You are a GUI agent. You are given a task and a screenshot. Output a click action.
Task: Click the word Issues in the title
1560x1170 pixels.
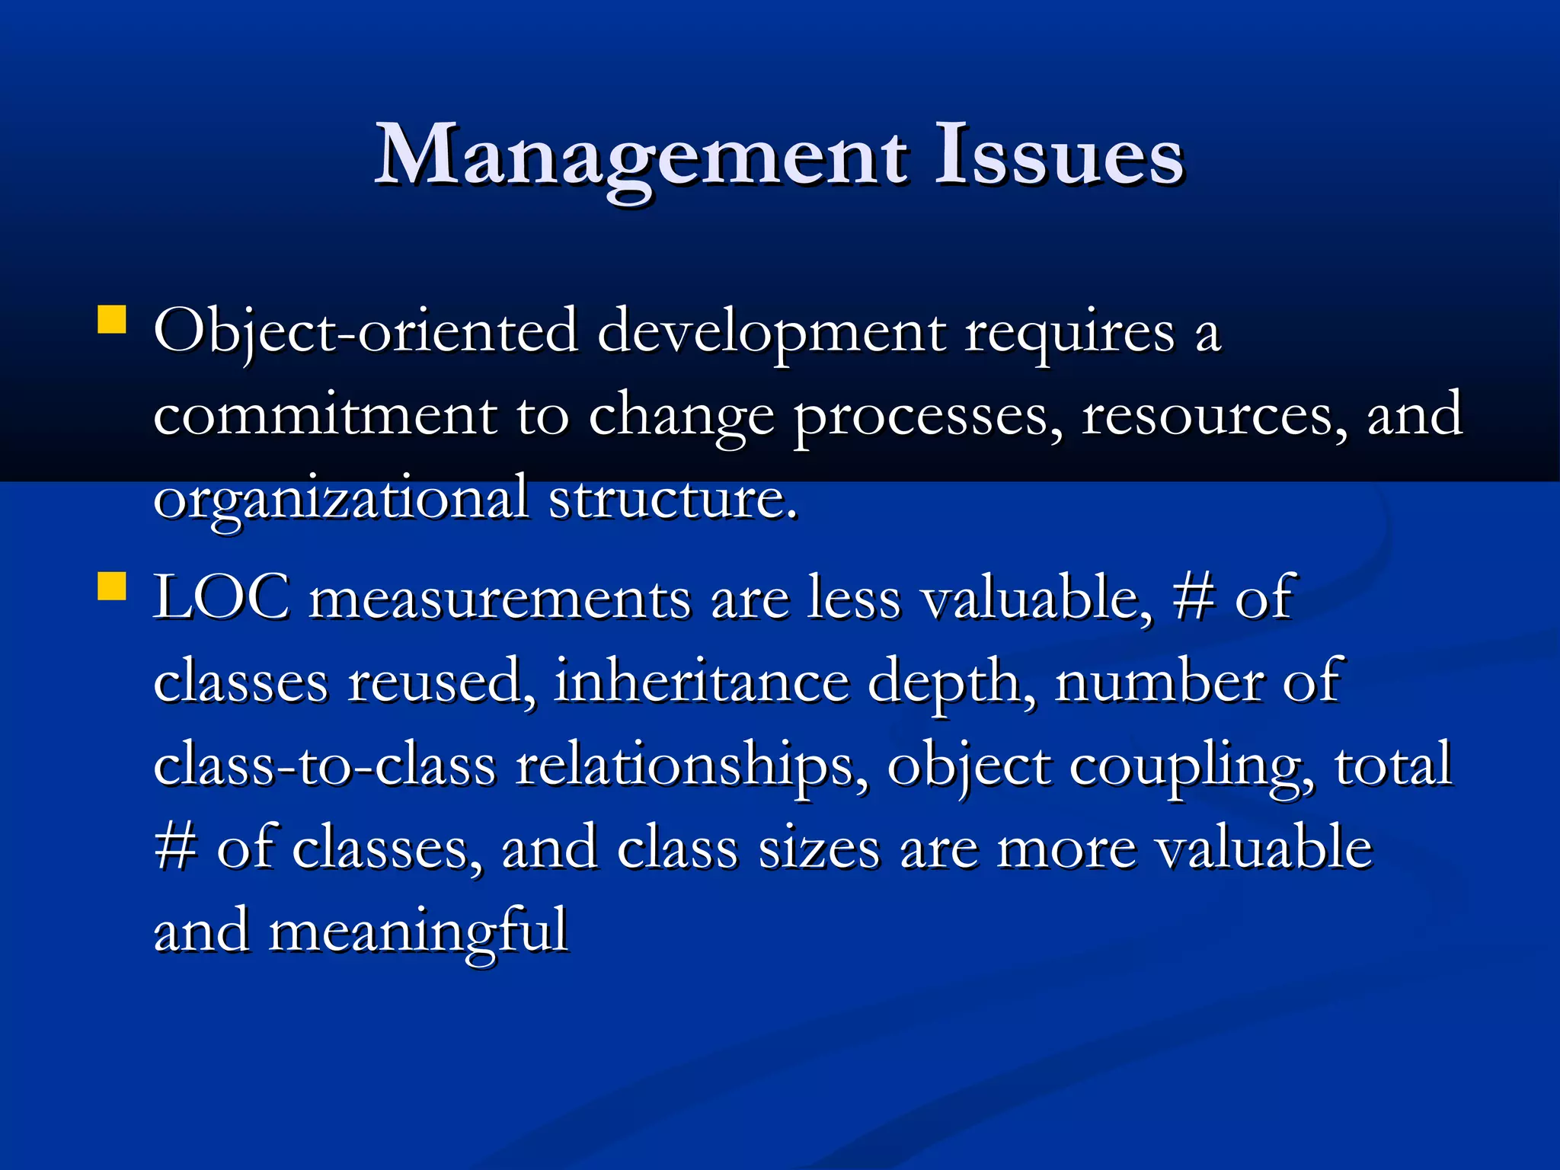[x=1059, y=156]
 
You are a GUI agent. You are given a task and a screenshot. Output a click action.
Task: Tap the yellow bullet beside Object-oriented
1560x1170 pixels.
[x=112, y=320]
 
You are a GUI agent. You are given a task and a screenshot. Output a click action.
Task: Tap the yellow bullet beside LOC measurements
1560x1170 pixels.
[x=112, y=587]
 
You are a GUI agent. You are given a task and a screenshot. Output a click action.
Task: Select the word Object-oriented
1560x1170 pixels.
[x=366, y=333]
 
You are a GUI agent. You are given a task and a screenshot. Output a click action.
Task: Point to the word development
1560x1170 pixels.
[x=771, y=333]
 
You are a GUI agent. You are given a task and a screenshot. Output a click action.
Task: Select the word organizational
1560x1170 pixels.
[x=340, y=499]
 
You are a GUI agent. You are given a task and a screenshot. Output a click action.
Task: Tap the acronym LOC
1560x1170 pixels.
[x=222, y=598]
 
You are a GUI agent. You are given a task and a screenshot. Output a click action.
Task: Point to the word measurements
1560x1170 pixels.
[x=500, y=598]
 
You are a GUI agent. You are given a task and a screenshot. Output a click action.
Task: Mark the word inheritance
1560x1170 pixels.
[x=701, y=681]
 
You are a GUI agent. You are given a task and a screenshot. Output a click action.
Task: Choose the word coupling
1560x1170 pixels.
[x=1191, y=766]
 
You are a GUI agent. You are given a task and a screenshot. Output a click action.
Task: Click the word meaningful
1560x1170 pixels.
[x=418, y=932]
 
